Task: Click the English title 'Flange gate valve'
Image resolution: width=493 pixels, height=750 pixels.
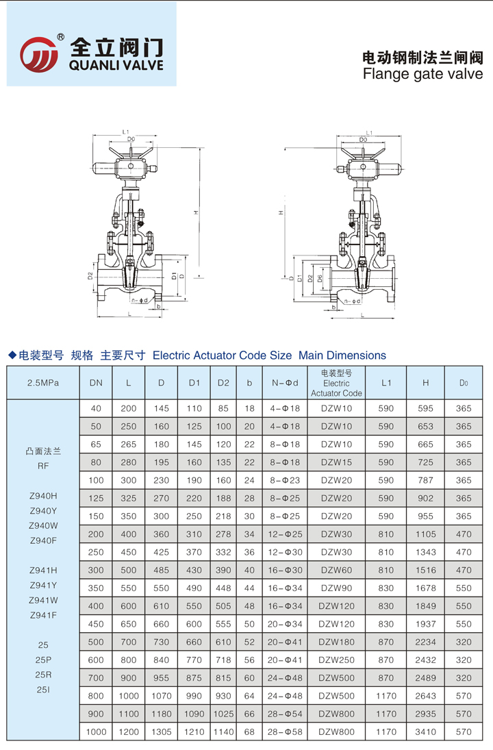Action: pyautogui.click(x=422, y=73)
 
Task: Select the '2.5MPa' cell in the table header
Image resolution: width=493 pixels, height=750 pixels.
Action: pyautogui.click(x=43, y=383)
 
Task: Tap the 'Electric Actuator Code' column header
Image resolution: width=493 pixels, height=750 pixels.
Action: pyautogui.click(x=336, y=383)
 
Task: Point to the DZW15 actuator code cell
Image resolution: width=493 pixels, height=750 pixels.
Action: pyautogui.click(x=336, y=462)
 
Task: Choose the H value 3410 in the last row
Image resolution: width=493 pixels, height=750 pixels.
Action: pyautogui.click(x=425, y=732)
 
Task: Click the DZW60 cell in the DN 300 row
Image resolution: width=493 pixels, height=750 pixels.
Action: pyautogui.click(x=336, y=570)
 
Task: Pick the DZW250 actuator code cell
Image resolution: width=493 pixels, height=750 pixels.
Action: pyautogui.click(x=336, y=660)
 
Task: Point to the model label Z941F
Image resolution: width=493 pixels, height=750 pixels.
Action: pyautogui.click(x=43, y=614)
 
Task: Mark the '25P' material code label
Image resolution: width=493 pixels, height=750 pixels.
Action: pyautogui.click(x=43, y=660)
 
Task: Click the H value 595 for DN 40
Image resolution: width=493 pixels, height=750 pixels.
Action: pyautogui.click(x=425, y=408)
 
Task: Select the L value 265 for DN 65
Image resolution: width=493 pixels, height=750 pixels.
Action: pyautogui.click(x=129, y=445)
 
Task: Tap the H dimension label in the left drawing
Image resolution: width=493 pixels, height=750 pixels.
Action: pyautogui.click(x=195, y=213)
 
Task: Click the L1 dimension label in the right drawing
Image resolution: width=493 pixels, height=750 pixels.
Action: pyautogui.click(x=369, y=132)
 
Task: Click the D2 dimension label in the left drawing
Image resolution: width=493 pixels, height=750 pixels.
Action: pyautogui.click(x=90, y=277)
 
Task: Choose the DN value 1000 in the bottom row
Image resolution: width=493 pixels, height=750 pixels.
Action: pyautogui.click(x=97, y=732)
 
